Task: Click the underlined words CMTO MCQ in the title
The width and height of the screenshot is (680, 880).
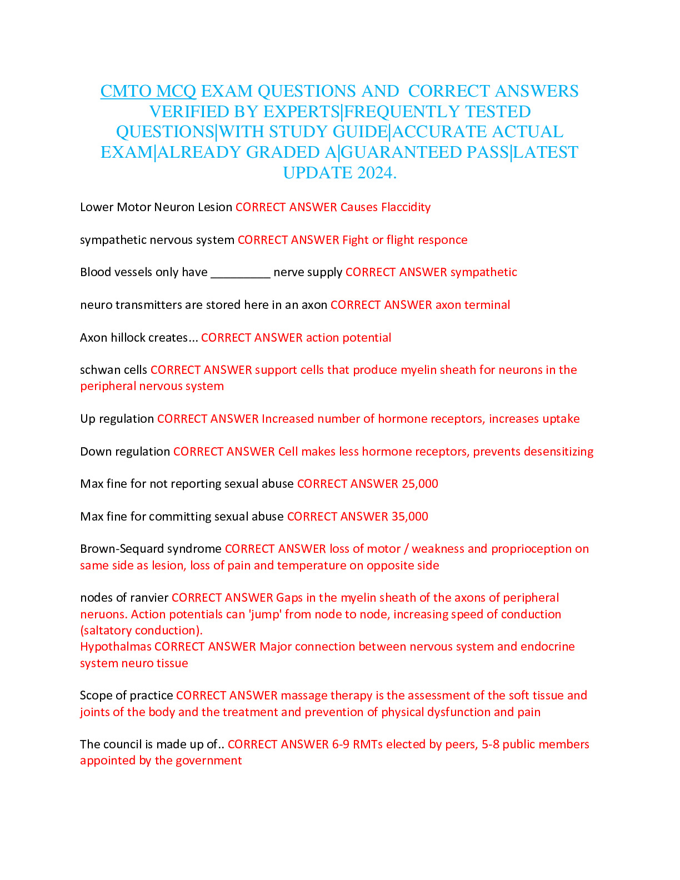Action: click(x=148, y=91)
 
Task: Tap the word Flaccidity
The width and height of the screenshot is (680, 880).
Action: click(x=406, y=207)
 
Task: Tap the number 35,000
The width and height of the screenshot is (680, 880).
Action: click(x=409, y=517)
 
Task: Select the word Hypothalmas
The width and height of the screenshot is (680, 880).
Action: click(x=116, y=647)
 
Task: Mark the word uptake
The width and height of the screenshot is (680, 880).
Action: click(x=561, y=419)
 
